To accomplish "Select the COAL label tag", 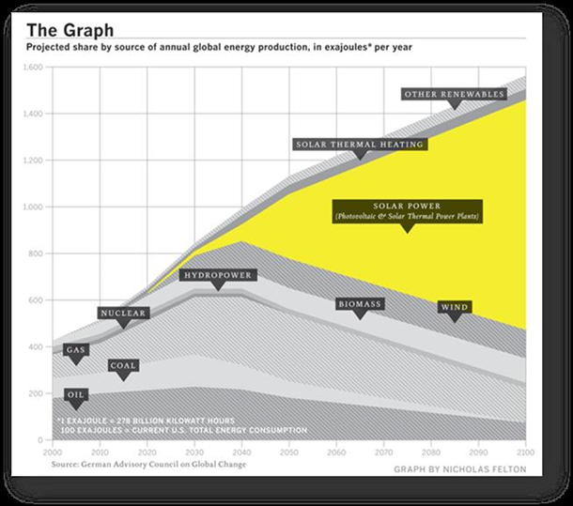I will pyautogui.click(x=122, y=365).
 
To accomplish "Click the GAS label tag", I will pyautogui.click(x=76, y=349).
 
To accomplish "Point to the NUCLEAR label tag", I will pyautogui.click(x=123, y=313).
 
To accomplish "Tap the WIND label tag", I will pyautogui.click(x=455, y=307).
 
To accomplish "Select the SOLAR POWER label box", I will pyautogui.click(x=407, y=211).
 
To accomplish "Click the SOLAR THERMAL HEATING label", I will pyautogui.click(x=360, y=145).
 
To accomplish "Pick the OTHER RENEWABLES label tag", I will pyautogui.click(x=455, y=94).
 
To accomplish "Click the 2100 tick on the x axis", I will pyautogui.click(x=525, y=450).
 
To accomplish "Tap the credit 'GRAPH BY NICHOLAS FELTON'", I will pyautogui.click(x=461, y=467).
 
